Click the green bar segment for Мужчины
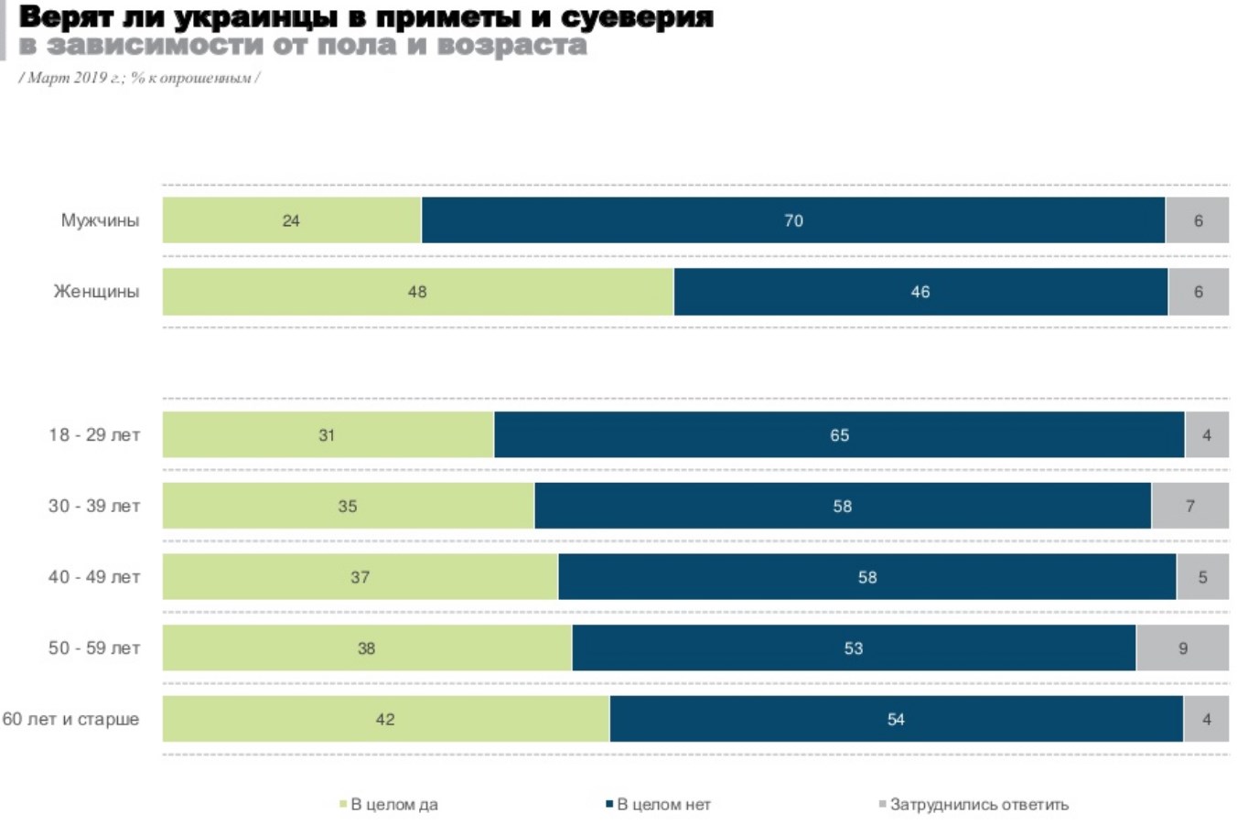click(292, 220)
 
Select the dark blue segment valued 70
click(793, 220)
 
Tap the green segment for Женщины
click(417, 292)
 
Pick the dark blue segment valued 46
click(920, 292)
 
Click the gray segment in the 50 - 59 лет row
click(1182, 648)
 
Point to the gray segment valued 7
click(1189, 506)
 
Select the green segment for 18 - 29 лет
click(328, 435)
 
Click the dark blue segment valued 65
click(839, 435)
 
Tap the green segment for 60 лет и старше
click(385, 720)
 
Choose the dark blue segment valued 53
click(854, 648)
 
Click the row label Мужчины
click(100, 220)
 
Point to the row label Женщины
click(96, 292)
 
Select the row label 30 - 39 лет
click(94, 506)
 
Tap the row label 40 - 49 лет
click(94, 577)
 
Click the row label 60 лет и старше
click(70, 720)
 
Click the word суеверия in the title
click(637, 16)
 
